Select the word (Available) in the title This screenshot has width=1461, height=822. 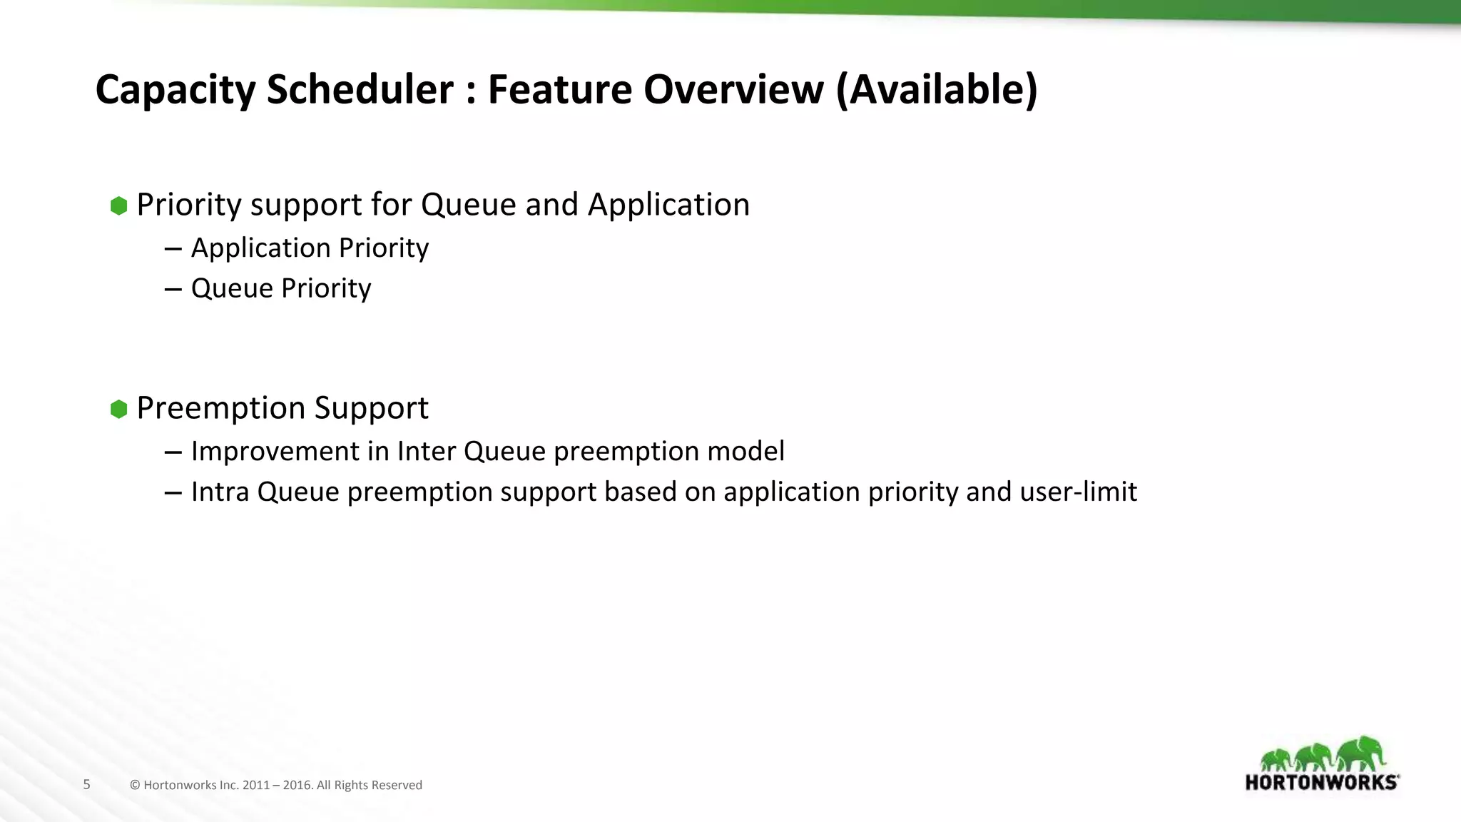pyautogui.click(x=936, y=91)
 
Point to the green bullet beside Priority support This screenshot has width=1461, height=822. pyautogui.click(x=119, y=206)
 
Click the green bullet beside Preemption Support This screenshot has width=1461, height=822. pyautogui.click(x=119, y=410)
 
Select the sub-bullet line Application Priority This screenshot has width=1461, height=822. pyautogui.click(x=310, y=248)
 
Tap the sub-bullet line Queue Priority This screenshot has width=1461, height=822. pyautogui.click(x=281, y=289)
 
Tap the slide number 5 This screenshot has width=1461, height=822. pyautogui.click(x=87, y=785)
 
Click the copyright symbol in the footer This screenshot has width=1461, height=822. pyautogui.click(x=135, y=786)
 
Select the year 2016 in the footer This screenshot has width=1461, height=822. pyautogui.click(x=297, y=786)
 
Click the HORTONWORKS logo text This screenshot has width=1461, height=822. pyautogui.click(x=1321, y=783)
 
